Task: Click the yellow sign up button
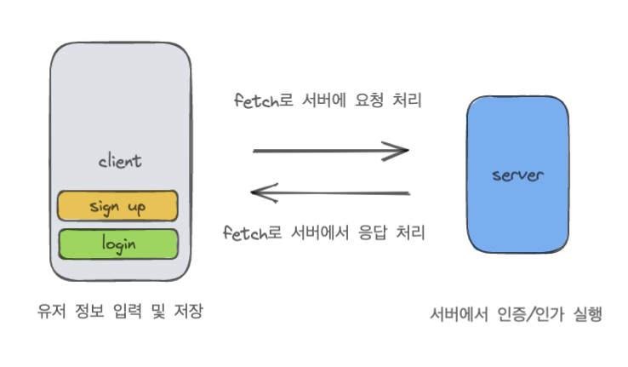pyautogui.click(x=117, y=206)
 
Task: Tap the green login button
pyautogui.click(x=117, y=244)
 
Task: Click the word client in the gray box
pyautogui.click(x=120, y=161)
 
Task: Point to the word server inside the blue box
pyautogui.click(x=517, y=175)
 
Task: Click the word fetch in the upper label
pyautogui.click(x=253, y=100)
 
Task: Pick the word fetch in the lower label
pyautogui.click(x=240, y=232)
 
